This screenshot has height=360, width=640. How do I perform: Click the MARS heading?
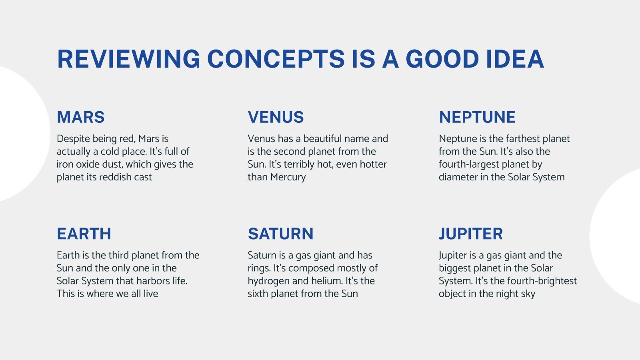pos(80,117)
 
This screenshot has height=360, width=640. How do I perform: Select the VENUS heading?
pos(276,117)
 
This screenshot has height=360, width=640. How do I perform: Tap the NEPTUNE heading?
pos(477,117)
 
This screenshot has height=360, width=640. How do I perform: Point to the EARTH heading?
pos(84,234)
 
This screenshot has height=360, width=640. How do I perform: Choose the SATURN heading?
pos(280,234)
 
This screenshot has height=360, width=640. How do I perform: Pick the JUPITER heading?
pos(471,234)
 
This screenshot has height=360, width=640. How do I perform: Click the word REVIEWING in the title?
pos(128,59)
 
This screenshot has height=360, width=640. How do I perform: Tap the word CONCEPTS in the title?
pos(276,59)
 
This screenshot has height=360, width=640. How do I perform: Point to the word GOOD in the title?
pos(442,59)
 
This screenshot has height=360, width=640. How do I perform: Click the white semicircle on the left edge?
pos(24,134)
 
